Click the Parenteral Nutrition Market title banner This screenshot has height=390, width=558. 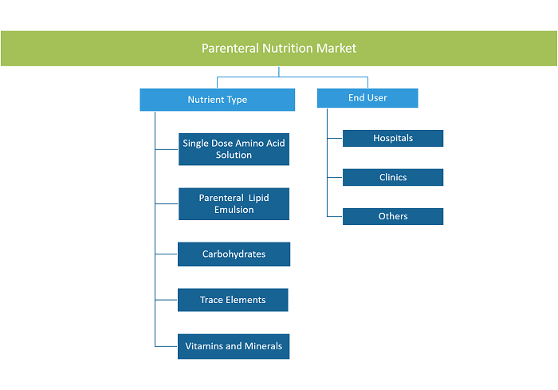[279, 49]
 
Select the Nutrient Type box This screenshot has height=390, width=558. [218, 100]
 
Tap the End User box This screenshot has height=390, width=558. [367, 98]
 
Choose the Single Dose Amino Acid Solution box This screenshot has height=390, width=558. [234, 149]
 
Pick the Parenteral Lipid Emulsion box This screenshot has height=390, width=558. [234, 203]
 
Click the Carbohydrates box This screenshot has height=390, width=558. [234, 254]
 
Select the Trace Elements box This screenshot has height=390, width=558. [233, 300]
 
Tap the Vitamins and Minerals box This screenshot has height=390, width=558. [234, 346]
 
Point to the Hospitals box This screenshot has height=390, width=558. [393, 138]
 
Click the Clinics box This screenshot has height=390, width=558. [393, 177]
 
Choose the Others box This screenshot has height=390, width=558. [393, 217]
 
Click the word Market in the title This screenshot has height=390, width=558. [336, 49]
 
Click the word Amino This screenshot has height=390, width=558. [249, 144]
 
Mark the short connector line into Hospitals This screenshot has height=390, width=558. [335, 138]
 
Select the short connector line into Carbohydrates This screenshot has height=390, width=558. [167, 254]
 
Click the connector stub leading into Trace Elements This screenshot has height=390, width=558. [167, 300]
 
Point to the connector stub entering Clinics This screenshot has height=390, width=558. [335, 177]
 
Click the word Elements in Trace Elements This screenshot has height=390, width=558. [246, 300]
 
